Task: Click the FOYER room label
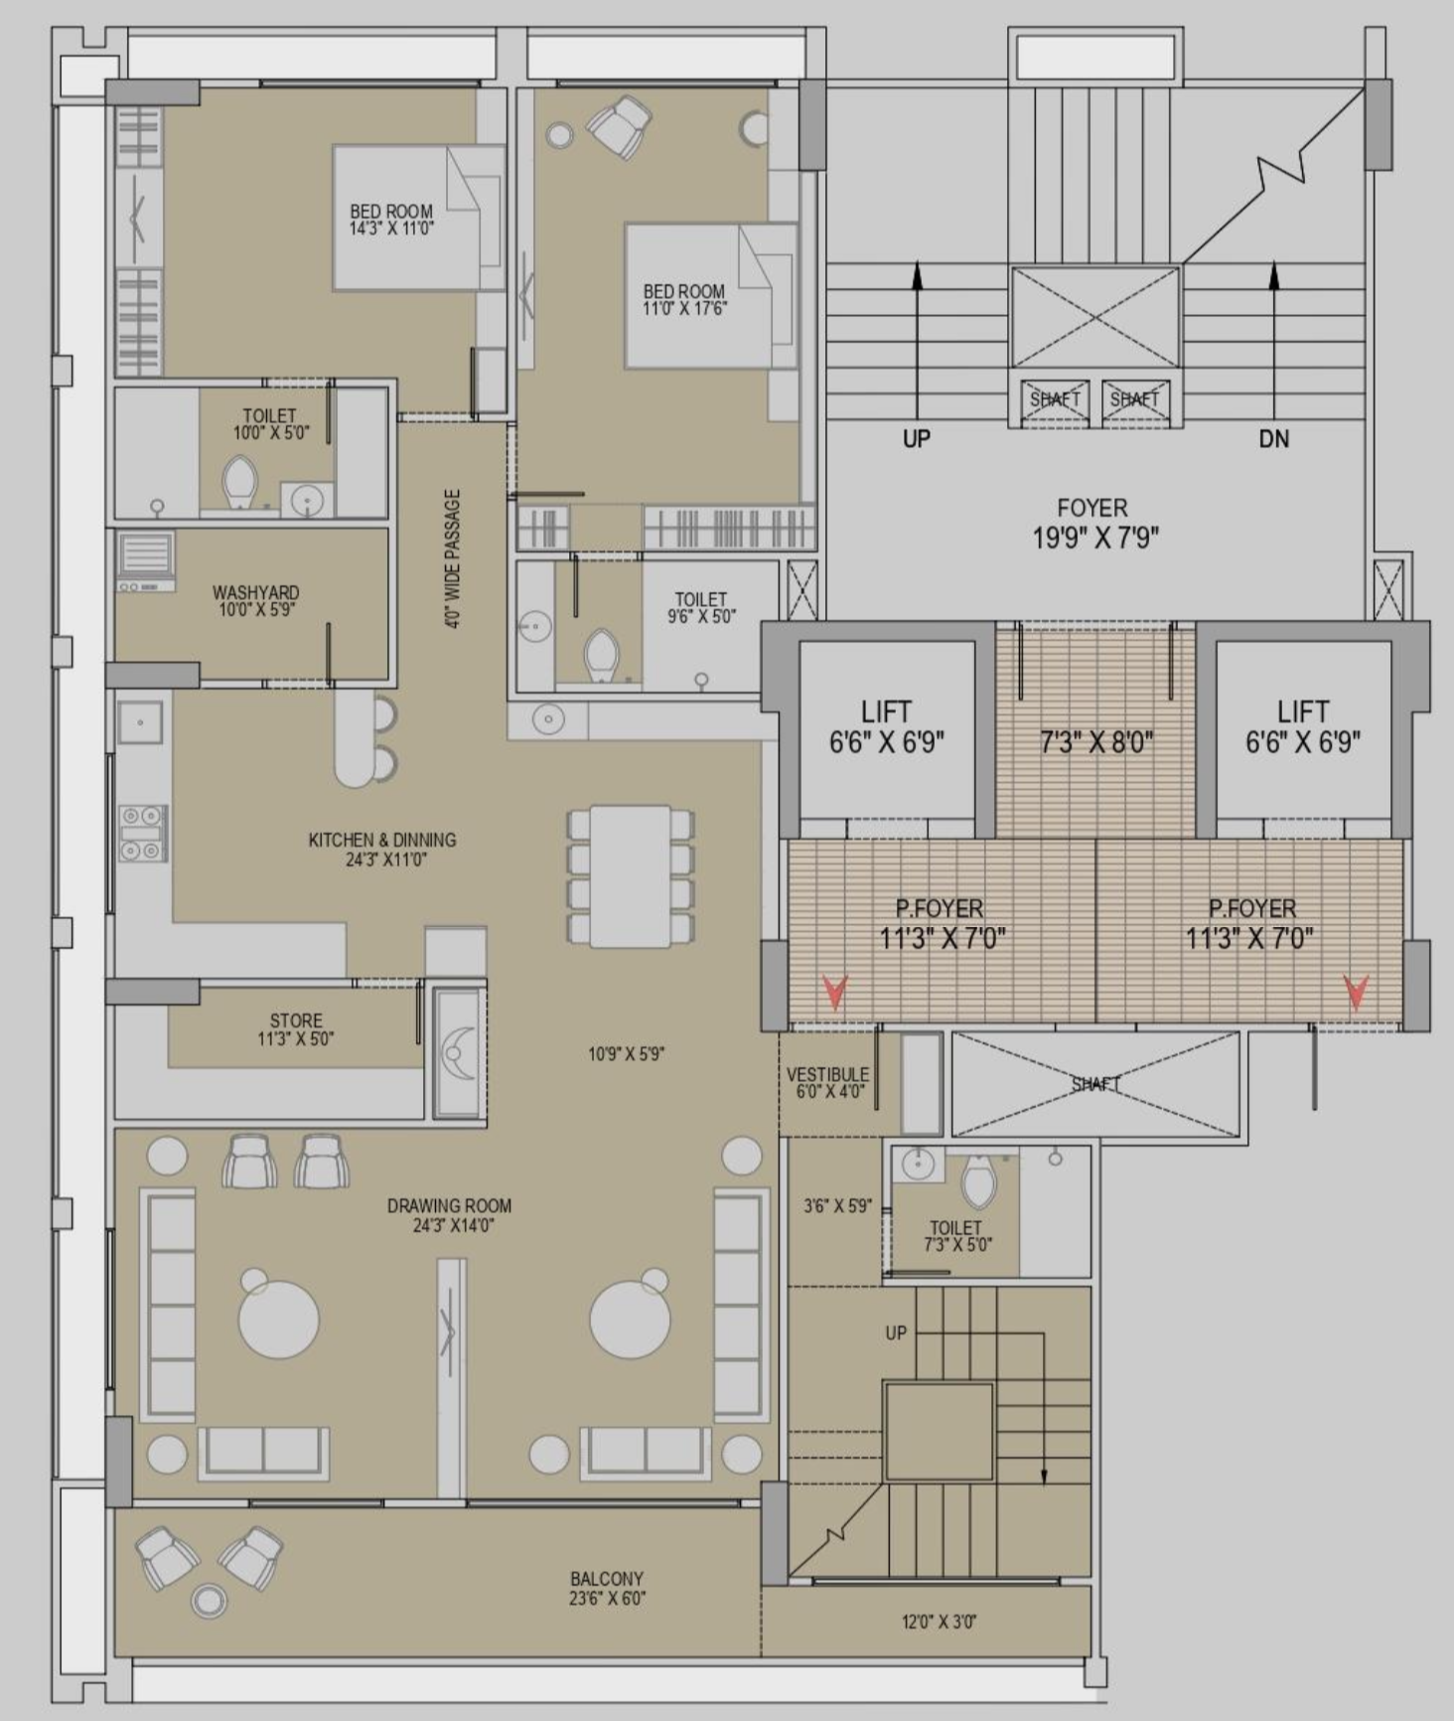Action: click(1092, 508)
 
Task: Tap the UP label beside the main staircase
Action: click(917, 438)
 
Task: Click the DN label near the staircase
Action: click(1274, 438)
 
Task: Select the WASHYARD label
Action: click(255, 592)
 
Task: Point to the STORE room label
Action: click(296, 1020)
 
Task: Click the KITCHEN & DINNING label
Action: click(382, 840)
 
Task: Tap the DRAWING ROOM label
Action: click(449, 1205)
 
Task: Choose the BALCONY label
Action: click(607, 1579)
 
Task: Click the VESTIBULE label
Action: click(827, 1074)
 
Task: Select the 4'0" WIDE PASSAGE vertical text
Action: click(453, 558)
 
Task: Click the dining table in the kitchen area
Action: click(631, 876)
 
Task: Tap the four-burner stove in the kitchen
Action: click(142, 833)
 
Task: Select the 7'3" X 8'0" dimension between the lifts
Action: click(1096, 742)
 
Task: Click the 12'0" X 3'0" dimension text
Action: click(939, 1623)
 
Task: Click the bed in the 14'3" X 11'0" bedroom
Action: click(418, 218)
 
